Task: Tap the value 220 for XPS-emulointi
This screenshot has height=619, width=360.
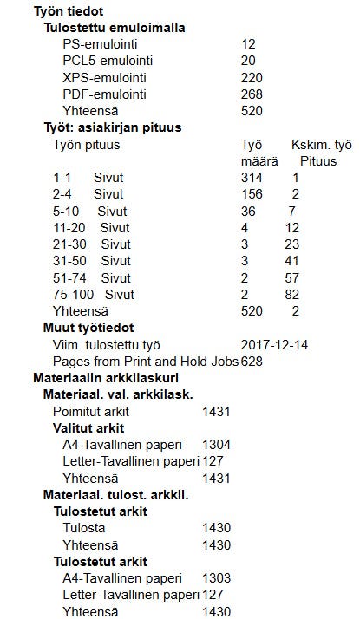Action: click(x=252, y=77)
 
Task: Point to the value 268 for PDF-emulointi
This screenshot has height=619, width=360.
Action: click(x=252, y=94)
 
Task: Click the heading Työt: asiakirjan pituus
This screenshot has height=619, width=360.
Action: click(x=112, y=127)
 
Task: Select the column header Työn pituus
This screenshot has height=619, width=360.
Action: click(x=87, y=144)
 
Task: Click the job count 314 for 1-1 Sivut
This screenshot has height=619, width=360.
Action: click(x=252, y=178)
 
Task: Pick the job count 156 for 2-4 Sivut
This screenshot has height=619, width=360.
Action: click(x=252, y=194)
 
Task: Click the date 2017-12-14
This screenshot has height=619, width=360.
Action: click(x=277, y=344)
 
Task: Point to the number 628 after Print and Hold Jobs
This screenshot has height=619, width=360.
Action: click(x=252, y=361)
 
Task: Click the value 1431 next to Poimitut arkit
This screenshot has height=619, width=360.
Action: click(x=216, y=411)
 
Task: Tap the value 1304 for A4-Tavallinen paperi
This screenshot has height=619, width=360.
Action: click(x=216, y=445)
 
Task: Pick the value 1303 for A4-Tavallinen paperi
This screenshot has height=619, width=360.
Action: click(x=216, y=578)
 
